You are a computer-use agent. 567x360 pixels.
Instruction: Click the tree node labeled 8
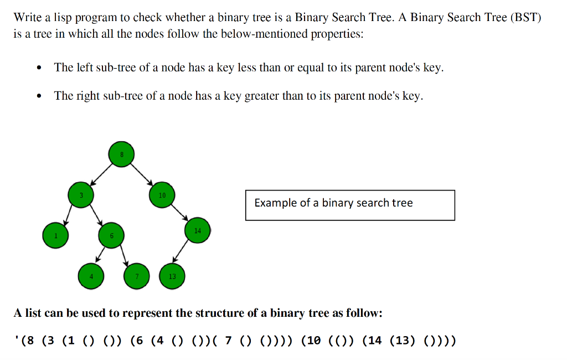[x=122, y=155]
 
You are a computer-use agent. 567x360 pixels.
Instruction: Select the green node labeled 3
[x=81, y=194]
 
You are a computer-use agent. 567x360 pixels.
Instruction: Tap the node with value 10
[x=162, y=195]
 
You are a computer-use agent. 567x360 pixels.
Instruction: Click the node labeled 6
[x=111, y=235]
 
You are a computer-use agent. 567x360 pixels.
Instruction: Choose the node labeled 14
[x=198, y=230]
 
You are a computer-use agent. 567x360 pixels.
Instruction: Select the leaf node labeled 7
[x=137, y=276]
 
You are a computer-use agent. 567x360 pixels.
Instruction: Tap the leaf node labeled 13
[x=172, y=276]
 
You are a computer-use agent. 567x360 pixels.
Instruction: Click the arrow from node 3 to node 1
[x=69, y=214]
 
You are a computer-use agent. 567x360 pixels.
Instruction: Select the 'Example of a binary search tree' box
[x=350, y=205]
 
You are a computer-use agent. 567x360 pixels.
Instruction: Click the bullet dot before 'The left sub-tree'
[x=38, y=69]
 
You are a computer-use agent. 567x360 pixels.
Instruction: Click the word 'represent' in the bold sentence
[x=147, y=313]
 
